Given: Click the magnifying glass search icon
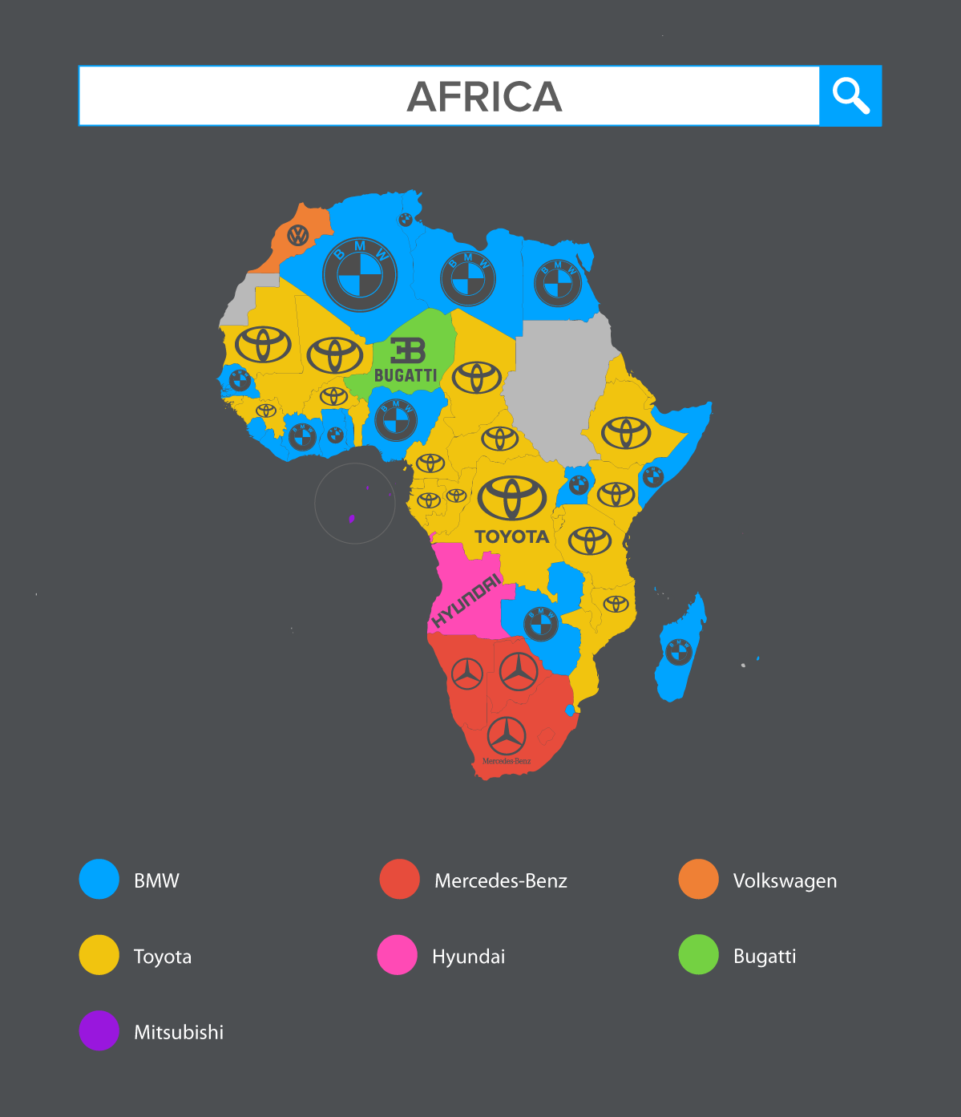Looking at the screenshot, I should (x=850, y=96).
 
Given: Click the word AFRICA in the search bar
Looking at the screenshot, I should (x=484, y=97).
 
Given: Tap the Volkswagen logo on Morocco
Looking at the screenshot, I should (x=298, y=235).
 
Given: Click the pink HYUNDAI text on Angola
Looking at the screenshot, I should (x=466, y=601).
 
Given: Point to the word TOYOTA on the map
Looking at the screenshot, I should (x=511, y=536).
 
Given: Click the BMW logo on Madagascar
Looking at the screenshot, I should (x=679, y=652).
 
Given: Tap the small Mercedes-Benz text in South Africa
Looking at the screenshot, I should (x=507, y=761).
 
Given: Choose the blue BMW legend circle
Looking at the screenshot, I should (x=99, y=880).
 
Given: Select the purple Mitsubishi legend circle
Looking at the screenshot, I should (x=99, y=1030).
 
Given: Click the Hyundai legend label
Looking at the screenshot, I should (x=468, y=956).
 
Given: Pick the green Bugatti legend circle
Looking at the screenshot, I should (x=699, y=955).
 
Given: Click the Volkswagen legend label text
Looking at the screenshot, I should (x=785, y=880).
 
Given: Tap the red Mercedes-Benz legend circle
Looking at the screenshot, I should (x=399, y=880).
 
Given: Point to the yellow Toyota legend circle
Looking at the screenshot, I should (x=99, y=955).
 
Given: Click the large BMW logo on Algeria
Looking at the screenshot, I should (x=360, y=274).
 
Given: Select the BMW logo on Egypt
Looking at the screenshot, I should (x=558, y=282).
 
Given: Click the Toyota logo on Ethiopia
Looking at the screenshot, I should (x=626, y=432).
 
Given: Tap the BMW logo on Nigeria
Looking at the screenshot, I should (x=396, y=419).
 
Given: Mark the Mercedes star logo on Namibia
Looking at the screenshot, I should (x=467, y=674).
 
